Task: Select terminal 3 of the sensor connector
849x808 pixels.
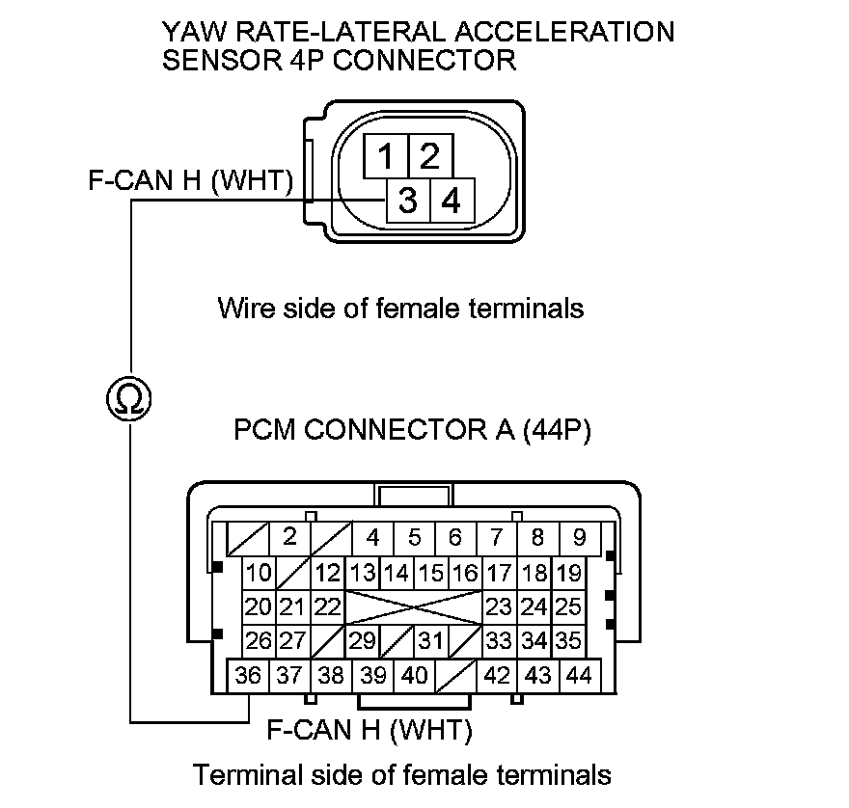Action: click(x=407, y=202)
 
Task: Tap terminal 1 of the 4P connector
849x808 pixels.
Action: click(x=385, y=154)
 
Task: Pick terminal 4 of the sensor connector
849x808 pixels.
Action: click(x=451, y=202)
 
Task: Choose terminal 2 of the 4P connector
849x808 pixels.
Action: click(x=430, y=154)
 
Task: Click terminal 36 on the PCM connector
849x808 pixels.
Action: click(x=248, y=675)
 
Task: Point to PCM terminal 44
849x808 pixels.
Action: click(x=579, y=675)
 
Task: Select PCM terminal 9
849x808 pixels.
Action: click(x=579, y=537)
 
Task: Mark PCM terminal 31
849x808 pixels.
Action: click(x=431, y=640)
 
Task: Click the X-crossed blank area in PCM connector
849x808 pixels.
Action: click(x=414, y=606)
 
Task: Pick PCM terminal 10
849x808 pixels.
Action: click(x=259, y=573)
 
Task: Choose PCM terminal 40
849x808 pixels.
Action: click(x=414, y=675)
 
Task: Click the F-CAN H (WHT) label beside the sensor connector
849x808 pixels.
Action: click(x=190, y=181)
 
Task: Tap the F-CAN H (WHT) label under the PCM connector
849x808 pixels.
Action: click(x=369, y=730)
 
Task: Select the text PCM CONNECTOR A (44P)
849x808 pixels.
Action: click(x=413, y=429)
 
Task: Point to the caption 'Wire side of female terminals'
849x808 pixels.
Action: click(x=400, y=309)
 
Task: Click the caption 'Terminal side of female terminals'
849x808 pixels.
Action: click(x=402, y=774)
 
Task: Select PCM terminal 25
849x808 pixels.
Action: click(x=569, y=606)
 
